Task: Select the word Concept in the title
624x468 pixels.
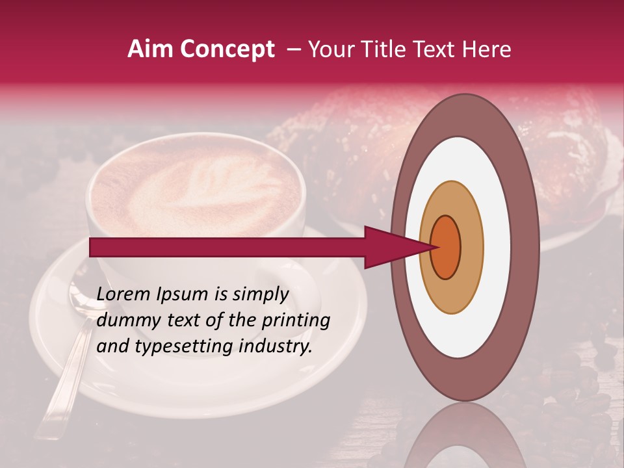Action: coord(227,49)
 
